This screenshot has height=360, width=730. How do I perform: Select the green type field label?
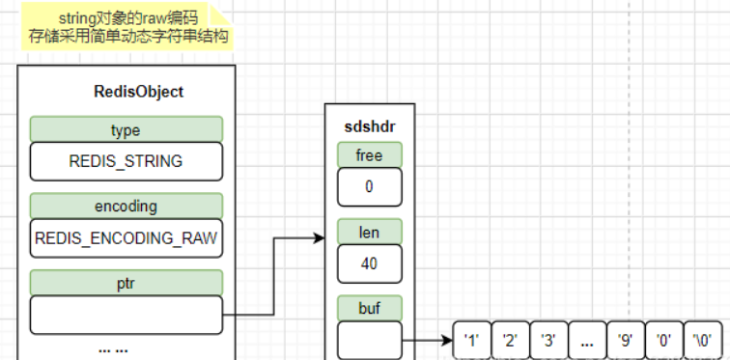tap(126, 128)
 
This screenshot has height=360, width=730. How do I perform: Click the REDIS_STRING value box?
tap(126, 161)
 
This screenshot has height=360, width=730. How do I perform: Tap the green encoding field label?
tap(126, 206)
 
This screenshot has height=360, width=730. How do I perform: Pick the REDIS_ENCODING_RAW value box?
tap(126, 237)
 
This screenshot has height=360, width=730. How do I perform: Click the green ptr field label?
tap(126, 282)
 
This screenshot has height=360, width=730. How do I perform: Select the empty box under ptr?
tap(126, 314)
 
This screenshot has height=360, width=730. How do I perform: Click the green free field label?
tap(369, 154)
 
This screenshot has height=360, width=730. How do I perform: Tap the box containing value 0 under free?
tap(369, 187)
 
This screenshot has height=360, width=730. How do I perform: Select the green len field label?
tap(369, 232)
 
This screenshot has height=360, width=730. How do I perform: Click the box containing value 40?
tap(369, 263)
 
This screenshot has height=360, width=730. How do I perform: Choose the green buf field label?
tap(369, 308)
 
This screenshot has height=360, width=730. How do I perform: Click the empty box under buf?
tap(369, 340)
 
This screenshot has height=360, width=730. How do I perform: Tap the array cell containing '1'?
tap(471, 340)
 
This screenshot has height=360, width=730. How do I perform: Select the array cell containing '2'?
tap(510, 340)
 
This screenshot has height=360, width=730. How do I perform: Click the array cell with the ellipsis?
tap(586, 340)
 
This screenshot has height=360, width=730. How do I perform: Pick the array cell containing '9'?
tap(625, 340)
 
